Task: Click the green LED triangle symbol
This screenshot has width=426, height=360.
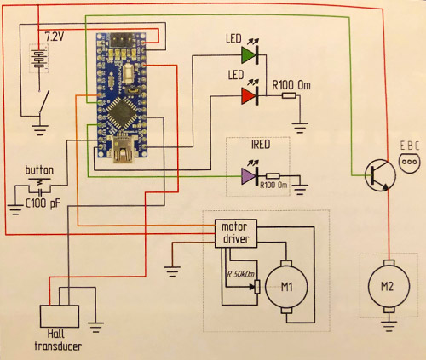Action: pos(248,55)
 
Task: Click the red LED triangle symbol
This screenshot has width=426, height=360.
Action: pos(248,96)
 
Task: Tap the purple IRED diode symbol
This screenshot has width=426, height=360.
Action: pos(248,176)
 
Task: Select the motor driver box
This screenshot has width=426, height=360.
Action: pos(236,233)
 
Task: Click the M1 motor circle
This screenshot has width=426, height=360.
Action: pos(286,287)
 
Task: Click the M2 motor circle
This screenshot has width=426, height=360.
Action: pos(389,286)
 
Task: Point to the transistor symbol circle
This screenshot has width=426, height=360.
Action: pos(381,175)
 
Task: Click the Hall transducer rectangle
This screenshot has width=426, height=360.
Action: pos(60,317)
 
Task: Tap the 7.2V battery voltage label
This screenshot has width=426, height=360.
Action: pos(55,37)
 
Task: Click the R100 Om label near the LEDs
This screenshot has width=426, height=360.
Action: pos(291,85)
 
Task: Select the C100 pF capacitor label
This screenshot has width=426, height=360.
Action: pos(43,203)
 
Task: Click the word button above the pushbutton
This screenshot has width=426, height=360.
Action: pos(39,170)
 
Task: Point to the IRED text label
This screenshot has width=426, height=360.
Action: pos(261,145)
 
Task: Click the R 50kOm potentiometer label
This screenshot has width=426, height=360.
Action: pos(240,274)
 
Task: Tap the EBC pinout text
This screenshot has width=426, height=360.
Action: pos(410,146)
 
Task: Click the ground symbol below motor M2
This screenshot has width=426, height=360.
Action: pos(389,325)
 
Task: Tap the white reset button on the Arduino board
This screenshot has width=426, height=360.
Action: pos(130,73)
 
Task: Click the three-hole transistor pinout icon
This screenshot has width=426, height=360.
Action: pos(410,163)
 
